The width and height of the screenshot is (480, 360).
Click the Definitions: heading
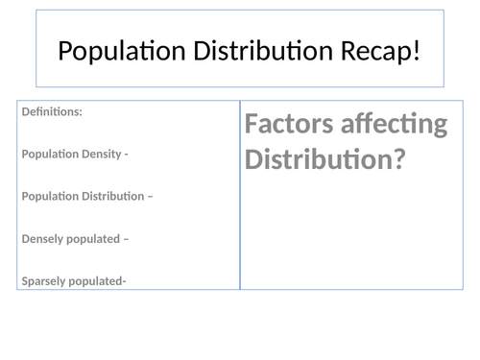click(52, 111)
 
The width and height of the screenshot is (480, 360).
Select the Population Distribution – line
click(86, 196)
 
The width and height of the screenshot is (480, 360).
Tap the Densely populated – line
click(74, 238)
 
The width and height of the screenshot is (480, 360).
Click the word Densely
click(42, 238)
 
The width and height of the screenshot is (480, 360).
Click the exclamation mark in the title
click(417, 50)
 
